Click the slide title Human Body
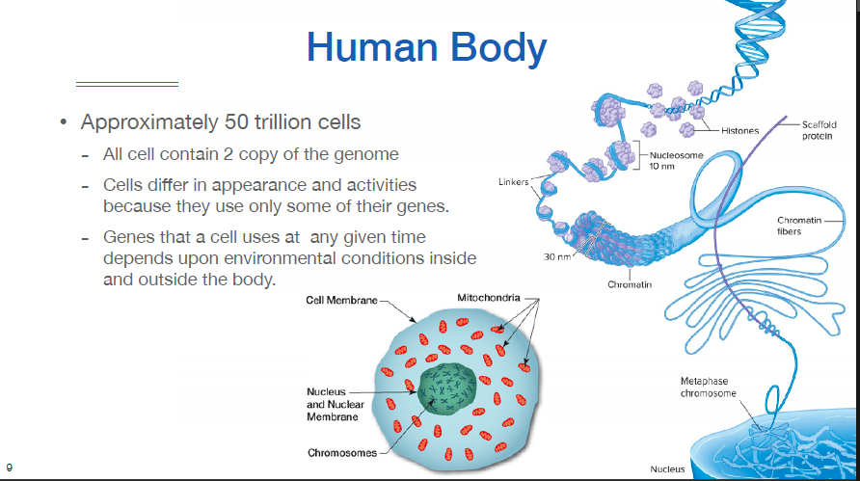[x=426, y=46]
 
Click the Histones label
[x=739, y=130]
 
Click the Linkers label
[x=512, y=181]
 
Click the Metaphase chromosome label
[x=708, y=387]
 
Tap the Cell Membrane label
[x=342, y=300]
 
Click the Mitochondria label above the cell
[x=487, y=299]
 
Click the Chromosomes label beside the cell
[x=342, y=453]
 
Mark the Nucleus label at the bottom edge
[x=667, y=469]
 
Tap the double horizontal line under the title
[x=127, y=84]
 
